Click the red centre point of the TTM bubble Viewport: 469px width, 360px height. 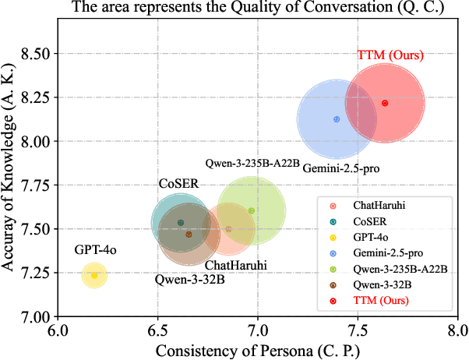pos(385,103)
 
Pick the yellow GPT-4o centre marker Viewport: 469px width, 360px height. pos(94,276)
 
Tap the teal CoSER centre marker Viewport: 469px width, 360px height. pos(181,223)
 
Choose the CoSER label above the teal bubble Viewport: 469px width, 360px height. pos(178,185)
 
